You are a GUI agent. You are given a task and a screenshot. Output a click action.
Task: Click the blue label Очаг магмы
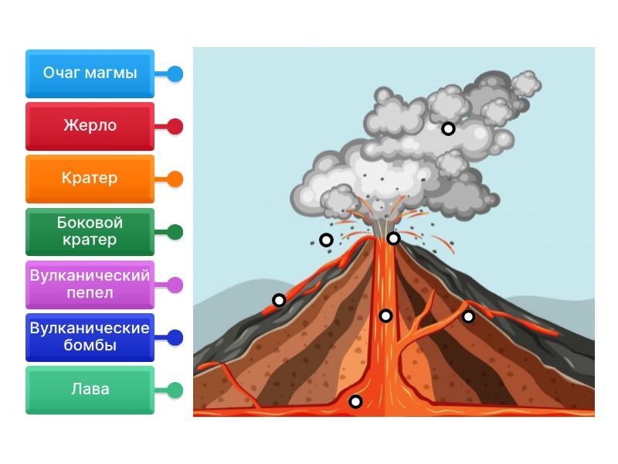click(90, 73)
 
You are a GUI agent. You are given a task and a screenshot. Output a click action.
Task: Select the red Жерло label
click(90, 126)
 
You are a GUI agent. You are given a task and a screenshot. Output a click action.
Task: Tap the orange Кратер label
click(90, 179)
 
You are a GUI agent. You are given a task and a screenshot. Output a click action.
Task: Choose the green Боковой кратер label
click(90, 231)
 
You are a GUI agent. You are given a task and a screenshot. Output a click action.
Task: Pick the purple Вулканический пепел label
click(90, 284)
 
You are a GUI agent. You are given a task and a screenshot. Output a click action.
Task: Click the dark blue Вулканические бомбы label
click(90, 337)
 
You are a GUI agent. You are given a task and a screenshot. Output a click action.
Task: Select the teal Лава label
click(90, 390)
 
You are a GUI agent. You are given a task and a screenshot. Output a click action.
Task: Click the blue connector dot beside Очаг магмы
click(175, 74)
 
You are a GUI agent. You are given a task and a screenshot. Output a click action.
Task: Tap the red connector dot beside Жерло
click(175, 127)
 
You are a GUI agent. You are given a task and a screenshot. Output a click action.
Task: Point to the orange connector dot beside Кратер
click(175, 179)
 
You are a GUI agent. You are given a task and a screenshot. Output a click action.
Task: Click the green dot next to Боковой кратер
click(175, 232)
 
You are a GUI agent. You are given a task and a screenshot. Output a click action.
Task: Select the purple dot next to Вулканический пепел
click(175, 285)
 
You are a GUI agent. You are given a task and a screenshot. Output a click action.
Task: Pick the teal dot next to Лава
click(175, 391)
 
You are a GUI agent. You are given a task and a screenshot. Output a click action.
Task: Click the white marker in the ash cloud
click(448, 128)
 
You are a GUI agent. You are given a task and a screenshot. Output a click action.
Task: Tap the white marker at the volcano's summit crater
click(393, 238)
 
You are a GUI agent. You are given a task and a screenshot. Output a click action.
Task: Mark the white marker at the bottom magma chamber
click(355, 401)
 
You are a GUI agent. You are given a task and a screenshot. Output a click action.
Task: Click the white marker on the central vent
click(385, 316)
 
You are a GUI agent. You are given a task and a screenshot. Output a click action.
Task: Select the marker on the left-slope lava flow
click(279, 300)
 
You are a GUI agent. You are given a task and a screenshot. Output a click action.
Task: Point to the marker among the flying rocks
click(326, 240)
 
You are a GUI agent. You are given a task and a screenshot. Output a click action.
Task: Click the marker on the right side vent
click(468, 316)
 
